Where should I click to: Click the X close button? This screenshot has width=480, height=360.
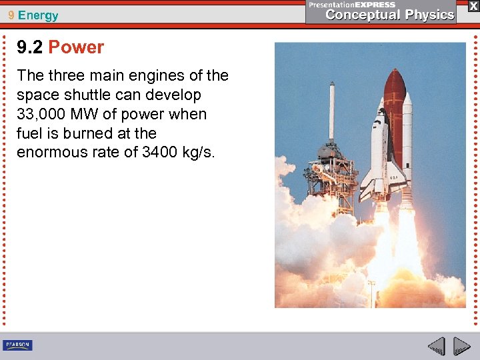click(473, 6)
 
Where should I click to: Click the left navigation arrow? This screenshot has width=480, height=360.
click(437, 346)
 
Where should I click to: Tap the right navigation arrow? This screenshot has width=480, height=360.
click(462, 346)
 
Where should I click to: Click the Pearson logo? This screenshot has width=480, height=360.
click(17, 345)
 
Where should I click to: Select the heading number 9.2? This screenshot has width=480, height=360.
click(30, 47)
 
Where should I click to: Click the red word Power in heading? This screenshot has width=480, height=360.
click(76, 47)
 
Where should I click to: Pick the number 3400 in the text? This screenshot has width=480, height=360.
click(159, 152)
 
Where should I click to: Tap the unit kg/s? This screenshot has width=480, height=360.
click(199, 152)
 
